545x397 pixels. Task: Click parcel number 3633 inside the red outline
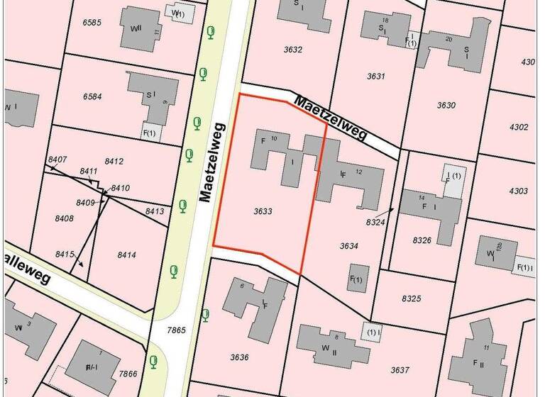coord(263,211)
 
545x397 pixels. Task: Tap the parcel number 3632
coord(293,50)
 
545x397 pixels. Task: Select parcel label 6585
coord(92,23)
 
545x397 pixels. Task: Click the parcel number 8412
coord(114,162)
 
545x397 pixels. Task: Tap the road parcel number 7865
coord(176,330)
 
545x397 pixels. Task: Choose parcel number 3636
coord(239,357)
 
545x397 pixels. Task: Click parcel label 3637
coord(400,370)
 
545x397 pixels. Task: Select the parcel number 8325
coord(411,299)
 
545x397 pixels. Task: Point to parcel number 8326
coord(422,240)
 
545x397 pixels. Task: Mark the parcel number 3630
coord(446,106)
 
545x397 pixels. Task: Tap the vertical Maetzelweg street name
coord(207,160)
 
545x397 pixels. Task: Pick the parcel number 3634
coord(348,246)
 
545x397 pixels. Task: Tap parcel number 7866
coord(128,374)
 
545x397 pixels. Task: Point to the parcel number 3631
coord(376,76)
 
